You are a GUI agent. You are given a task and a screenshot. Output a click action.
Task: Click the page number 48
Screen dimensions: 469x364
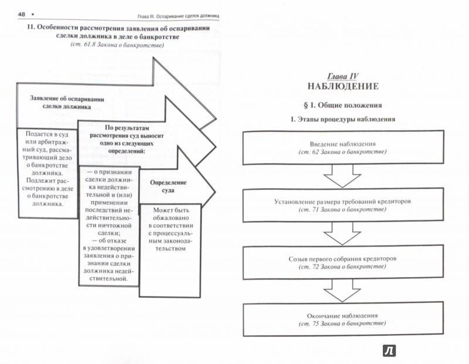[22, 14]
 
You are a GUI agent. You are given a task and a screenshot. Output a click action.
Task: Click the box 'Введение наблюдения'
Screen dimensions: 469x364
[343, 148]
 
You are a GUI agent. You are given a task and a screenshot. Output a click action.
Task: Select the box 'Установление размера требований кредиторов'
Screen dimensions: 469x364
[343, 205]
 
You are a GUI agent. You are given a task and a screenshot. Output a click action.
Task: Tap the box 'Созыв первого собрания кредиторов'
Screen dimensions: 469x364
[343, 263]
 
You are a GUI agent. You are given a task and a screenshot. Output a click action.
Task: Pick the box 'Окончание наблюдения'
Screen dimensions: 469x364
[343, 319]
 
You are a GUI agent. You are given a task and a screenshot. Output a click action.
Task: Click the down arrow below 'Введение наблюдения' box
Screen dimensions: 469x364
[342, 176]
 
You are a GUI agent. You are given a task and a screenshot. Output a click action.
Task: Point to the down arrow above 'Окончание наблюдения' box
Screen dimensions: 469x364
[342, 290]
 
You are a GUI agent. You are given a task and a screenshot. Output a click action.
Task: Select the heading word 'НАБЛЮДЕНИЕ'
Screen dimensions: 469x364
[343, 86]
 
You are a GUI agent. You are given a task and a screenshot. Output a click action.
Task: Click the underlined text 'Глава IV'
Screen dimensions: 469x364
[342, 76]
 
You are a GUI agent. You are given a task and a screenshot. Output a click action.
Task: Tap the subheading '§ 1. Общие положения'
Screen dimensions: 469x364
[343, 106]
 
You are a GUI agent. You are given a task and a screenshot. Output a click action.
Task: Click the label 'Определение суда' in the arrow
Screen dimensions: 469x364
[168, 186]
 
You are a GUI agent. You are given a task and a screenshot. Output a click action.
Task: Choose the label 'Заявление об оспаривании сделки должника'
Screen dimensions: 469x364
[67, 103]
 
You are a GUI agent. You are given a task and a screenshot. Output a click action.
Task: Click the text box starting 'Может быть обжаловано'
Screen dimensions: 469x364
[169, 251]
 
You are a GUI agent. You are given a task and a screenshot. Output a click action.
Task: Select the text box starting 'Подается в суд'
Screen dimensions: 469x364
[48, 173]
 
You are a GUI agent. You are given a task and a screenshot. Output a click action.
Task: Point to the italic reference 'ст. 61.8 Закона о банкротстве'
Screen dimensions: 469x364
[117, 45]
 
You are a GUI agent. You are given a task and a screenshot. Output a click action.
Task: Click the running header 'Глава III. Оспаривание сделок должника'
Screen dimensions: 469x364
[178, 16]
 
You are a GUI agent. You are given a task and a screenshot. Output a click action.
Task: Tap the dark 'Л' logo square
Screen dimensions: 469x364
[389, 351]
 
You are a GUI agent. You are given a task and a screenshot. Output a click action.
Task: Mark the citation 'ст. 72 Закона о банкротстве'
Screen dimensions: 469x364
[342, 267]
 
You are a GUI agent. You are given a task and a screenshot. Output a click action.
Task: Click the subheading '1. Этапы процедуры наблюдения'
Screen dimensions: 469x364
[343, 120]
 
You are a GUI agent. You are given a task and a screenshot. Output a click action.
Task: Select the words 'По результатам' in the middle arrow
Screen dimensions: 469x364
[127, 128]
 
